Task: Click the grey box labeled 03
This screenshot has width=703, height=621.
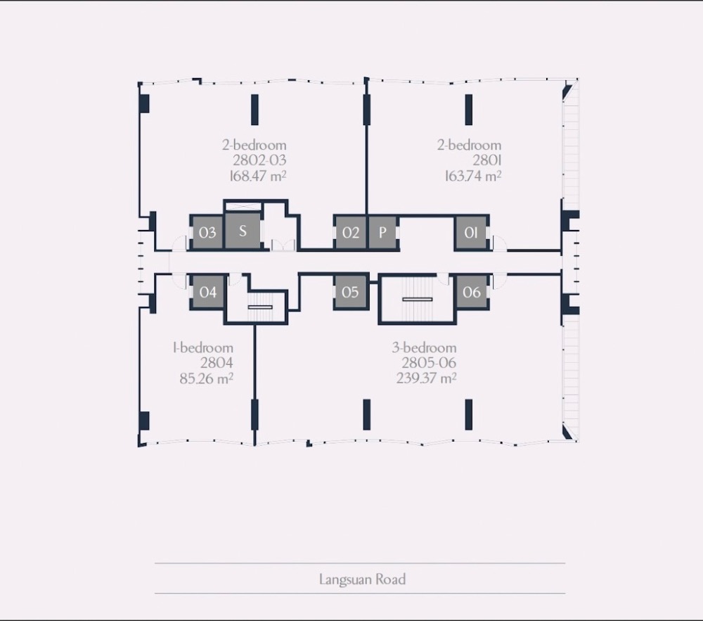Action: click(x=207, y=232)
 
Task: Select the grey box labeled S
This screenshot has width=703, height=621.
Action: click(x=243, y=231)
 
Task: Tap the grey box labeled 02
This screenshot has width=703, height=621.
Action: click(x=351, y=232)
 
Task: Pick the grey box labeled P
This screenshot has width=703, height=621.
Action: click(x=382, y=232)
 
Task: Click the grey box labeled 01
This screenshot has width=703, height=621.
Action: click(x=471, y=232)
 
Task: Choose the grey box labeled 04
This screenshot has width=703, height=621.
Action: click(x=207, y=292)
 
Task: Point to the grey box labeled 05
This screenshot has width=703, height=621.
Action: click(x=351, y=292)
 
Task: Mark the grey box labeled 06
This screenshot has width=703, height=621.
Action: click(x=472, y=292)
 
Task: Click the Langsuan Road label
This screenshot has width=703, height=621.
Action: click(x=362, y=580)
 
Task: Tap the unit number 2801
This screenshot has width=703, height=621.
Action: click(x=487, y=160)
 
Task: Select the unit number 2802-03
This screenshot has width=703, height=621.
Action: click(x=259, y=160)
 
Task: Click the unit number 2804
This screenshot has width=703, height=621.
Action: click(x=217, y=363)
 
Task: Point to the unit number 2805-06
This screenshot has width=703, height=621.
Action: click(x=429, y=363)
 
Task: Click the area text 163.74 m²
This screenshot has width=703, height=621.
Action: click(x=473, y=176)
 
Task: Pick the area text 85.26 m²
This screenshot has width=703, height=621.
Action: click(x=206, y=378)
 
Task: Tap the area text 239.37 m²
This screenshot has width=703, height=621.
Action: click(x=426, y=378)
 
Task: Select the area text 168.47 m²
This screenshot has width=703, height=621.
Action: click(x=258, y=176)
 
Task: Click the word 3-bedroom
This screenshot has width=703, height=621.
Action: click(x=424, y=347)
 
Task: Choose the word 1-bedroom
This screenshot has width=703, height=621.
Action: click(x=203, y=347)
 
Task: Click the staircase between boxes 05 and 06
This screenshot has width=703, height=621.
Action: click(x=418, y=299)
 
